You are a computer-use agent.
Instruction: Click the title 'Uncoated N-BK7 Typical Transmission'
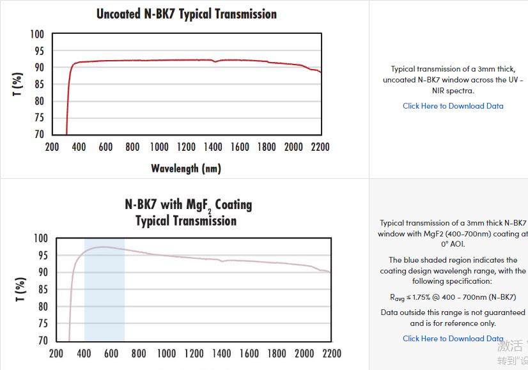pyautogui.click(x=186, y=13)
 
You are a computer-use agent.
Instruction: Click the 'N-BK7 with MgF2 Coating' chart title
pyautogui.click(x=188, y=204)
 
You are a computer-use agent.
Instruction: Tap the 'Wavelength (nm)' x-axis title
pyautogui.click(x=186, y=169)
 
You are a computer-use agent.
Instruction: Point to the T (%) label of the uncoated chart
pyautogui.click(x=18, y=84)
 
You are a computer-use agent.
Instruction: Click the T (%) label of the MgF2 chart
pyautogui.click(x=20, y=290)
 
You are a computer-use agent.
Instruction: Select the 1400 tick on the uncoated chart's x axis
pyautogui.click(x=213, y=147)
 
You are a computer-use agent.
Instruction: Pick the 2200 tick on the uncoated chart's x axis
pyautogui.click(x=320, y=147)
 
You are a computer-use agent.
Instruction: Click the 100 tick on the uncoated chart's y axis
pyautogui.click(x=38, y=35)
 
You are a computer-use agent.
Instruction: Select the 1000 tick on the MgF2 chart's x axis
pyautogui.click(x=166, y=353)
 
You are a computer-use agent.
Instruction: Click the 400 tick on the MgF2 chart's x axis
pyautogui.click(x=84, y=353)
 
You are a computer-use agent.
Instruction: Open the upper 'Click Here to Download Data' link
pyautogui.click(x=453, y=106)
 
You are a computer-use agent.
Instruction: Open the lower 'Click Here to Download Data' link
pyautogui.click(x=453, y=339)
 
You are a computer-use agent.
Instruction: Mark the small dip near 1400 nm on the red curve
pyautogui.click(x=215, y=62)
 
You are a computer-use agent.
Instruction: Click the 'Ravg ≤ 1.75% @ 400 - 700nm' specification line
pyautogui.click(x=453, y=297)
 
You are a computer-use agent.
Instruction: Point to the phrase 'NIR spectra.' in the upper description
pyautogui.click(x=453, y=91)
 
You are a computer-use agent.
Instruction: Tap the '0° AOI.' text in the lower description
pyautogui.click(x=453, y=244)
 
